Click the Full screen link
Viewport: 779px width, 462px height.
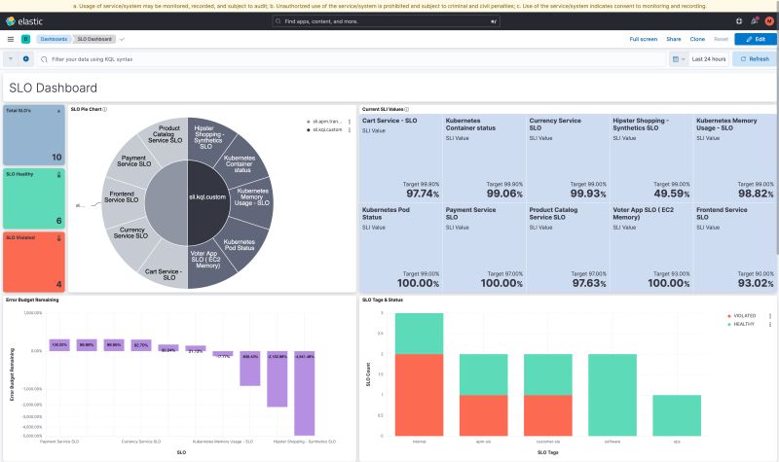(x=643, y=39)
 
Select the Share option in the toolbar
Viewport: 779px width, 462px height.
(x=673, y=39)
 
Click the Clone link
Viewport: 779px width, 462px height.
(x=697, y=39)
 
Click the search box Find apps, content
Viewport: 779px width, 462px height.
(x=389, y=20)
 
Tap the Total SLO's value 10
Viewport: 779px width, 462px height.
(x=56, y=157)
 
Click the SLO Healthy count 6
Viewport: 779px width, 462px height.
(x=57, y=221)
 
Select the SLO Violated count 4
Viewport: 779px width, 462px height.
(x=57, y=284)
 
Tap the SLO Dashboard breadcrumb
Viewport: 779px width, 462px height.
(x=93, y=39)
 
